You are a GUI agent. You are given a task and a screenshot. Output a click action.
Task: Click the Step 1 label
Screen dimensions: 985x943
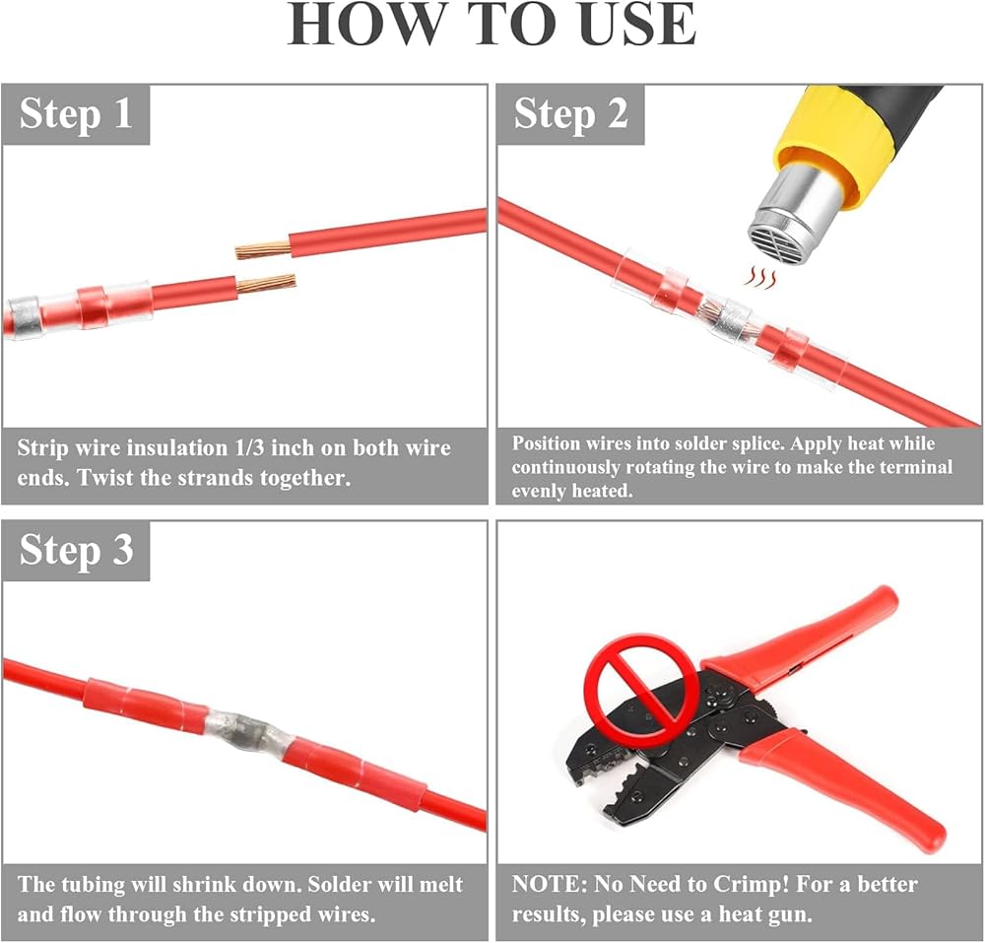pos(76,114)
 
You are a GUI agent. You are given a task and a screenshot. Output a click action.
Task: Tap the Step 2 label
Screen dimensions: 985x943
pos(570,114)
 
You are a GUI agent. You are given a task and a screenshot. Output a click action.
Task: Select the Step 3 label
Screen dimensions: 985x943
pos(76,551)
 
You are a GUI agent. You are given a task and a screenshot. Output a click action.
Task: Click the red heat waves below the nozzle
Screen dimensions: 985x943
pos(760,278)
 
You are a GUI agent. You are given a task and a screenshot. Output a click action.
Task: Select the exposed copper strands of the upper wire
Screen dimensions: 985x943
pos(263,249)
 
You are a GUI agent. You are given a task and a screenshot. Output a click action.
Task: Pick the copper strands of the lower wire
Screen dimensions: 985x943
pos(266,284)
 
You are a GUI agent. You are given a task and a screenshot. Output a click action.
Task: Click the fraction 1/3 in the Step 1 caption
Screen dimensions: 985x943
pos(249,448)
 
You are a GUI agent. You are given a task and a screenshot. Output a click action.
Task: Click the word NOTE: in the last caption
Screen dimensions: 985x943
pos(549,885)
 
